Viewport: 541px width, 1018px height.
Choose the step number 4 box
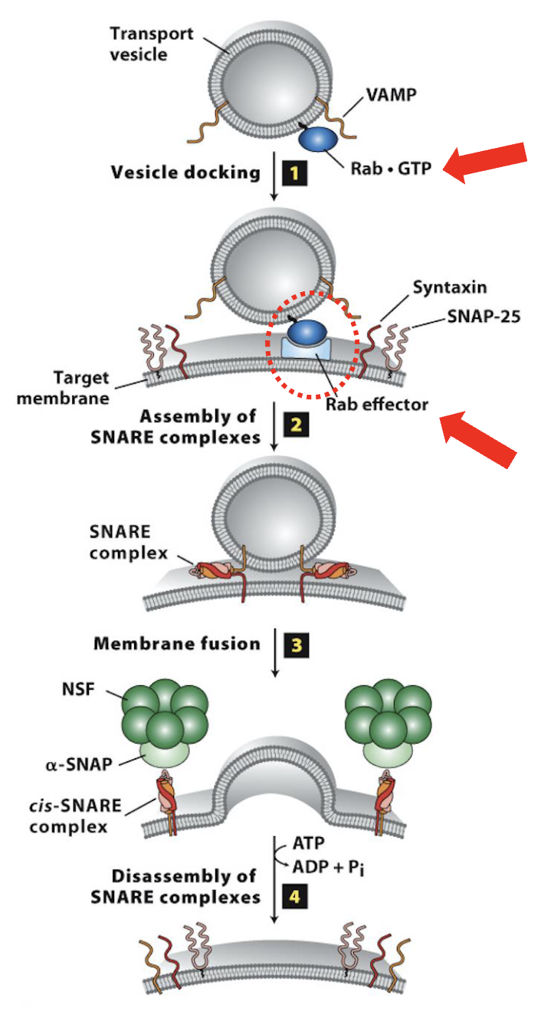[295, 895]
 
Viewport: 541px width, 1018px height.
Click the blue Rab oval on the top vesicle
[320, 140]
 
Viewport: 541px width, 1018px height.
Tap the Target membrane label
[83, 388]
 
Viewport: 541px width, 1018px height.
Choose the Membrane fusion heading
[177, 643]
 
